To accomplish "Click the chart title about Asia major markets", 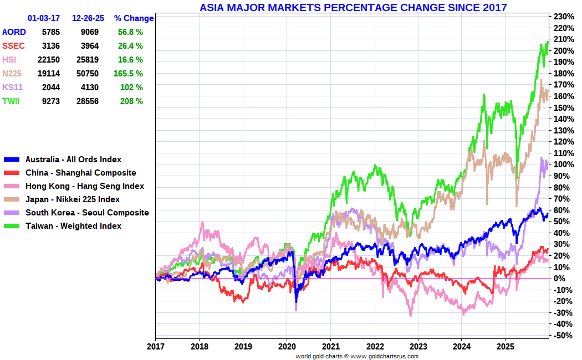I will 353,7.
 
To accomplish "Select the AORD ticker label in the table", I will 14,32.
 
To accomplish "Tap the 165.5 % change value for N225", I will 130,73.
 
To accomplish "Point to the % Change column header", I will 134,18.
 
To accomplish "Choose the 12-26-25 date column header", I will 88,18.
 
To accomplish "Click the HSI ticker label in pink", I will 9,60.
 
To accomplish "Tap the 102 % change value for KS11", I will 131,87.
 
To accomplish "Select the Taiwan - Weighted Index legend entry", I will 73,226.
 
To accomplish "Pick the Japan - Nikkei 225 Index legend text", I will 73,199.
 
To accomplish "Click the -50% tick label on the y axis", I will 563,335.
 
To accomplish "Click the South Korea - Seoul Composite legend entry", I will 87,213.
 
